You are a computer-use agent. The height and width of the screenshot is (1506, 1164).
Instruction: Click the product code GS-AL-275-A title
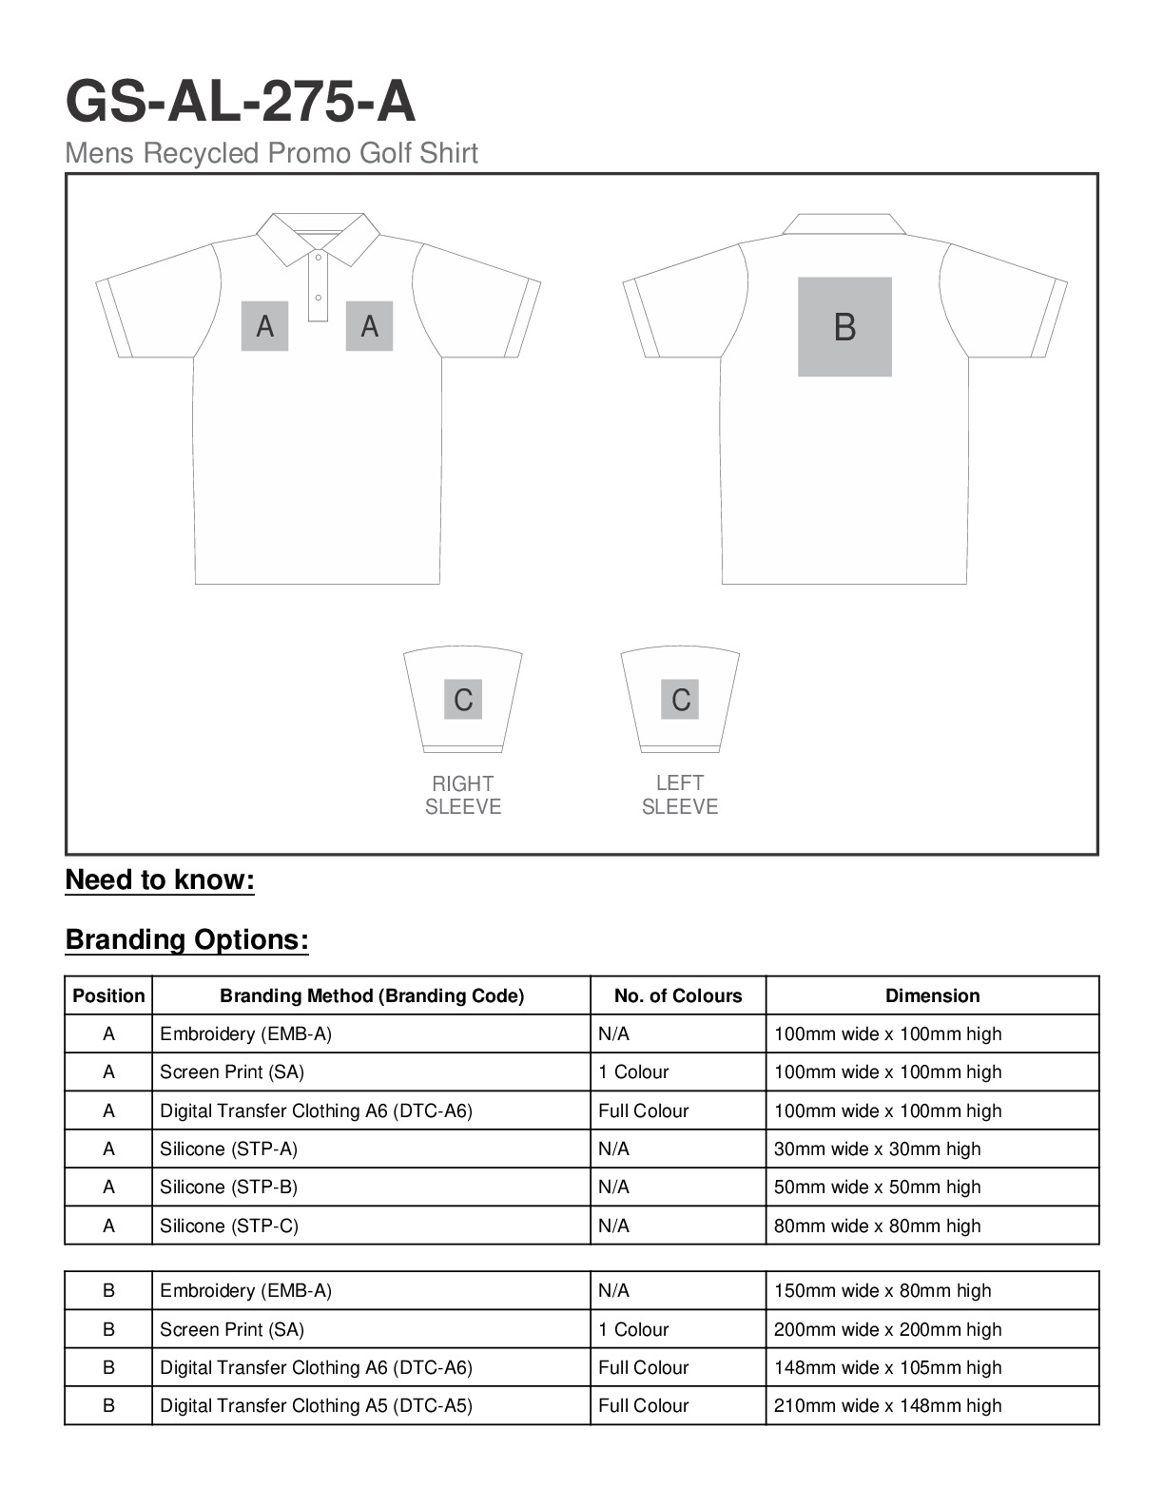[240, 102]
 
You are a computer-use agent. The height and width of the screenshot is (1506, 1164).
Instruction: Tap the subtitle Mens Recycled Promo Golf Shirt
[271, 153]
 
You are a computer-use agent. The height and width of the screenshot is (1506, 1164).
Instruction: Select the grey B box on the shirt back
[844, 327]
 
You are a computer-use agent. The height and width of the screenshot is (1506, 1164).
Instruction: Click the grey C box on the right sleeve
[463, 700]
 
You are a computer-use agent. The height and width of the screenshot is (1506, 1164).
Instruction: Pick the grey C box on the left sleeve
[680, 700]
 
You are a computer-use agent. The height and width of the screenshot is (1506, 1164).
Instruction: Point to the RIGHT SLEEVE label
[463, 795]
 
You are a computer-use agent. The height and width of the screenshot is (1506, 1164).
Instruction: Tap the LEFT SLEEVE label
[680, 795]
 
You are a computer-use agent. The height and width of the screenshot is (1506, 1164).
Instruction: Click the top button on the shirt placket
[319, 257]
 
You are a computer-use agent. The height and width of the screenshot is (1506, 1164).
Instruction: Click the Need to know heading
[160, 879]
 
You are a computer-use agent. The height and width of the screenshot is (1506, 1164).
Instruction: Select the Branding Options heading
[187, 939]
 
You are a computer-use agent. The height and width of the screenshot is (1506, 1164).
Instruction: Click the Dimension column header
[932, 995]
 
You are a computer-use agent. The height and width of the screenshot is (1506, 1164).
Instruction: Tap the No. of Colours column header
[678, 995]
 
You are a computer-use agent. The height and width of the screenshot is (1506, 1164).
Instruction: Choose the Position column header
[108, 995]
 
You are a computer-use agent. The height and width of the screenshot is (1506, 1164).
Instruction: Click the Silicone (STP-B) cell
[228, 1187]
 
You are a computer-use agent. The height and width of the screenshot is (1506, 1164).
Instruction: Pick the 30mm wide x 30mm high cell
[877, 1149]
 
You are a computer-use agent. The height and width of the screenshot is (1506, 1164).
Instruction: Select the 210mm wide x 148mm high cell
[887, 1405]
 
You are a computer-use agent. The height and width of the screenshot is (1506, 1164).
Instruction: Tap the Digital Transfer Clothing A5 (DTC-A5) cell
[316, 1405]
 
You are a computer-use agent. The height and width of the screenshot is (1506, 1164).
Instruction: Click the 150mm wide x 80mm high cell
[882, 1290]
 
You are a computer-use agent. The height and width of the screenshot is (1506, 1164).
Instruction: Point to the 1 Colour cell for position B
[633, 1329]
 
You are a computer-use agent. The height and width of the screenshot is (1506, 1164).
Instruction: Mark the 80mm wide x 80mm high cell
[877, 1226]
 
